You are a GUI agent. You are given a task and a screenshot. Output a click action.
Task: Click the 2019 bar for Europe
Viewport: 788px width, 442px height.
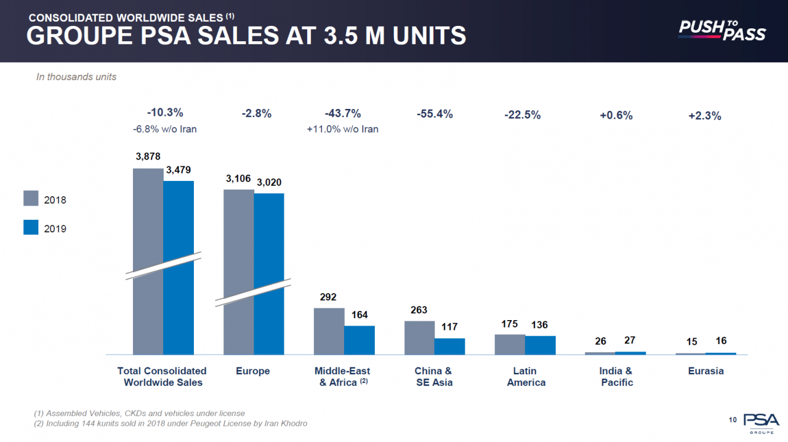[269, 274]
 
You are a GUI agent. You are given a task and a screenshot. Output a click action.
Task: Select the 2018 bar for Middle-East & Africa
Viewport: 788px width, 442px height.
[329, 331]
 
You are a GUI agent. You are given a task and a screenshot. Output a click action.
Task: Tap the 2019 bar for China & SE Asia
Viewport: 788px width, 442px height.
[449, 346]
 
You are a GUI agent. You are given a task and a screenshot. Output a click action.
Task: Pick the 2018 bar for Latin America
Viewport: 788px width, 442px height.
[510, 344]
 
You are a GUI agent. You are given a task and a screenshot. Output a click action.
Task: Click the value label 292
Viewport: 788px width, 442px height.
[328, 297]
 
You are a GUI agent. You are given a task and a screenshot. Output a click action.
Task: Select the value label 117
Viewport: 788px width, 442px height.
[449, 327]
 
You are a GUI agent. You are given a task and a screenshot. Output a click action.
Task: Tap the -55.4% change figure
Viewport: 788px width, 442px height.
[435, 114]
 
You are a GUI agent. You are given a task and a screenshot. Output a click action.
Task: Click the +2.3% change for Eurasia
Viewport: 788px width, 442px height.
[705, 116]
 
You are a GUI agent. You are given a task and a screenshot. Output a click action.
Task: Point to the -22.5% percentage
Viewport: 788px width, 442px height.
[523, 115]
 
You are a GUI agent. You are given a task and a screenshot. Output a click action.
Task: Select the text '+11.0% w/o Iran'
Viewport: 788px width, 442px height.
[342, 129]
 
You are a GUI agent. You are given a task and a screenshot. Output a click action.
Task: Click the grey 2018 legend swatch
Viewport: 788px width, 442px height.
[31, 198]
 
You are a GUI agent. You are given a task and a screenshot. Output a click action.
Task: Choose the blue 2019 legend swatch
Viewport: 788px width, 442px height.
[31, 227]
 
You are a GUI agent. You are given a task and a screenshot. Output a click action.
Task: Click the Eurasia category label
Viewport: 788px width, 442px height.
[706, 371]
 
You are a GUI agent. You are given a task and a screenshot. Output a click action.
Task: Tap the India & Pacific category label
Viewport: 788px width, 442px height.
[616, 377]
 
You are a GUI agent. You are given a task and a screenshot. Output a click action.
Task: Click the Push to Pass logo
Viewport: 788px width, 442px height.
[722, 30]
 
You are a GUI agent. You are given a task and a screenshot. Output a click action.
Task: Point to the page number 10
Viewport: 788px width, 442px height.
[733, 420]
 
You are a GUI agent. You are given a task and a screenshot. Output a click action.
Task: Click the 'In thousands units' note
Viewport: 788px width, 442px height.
[76, 77]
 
